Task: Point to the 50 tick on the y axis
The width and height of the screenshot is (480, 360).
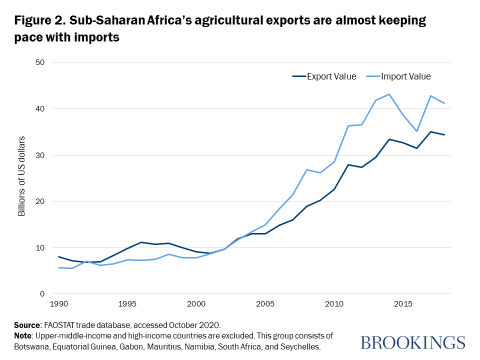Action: point(40,62)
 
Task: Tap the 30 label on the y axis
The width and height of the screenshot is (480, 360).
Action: point(40,155)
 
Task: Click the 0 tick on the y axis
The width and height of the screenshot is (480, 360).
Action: point(42,294)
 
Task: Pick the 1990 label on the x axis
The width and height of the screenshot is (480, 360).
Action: point(59,304)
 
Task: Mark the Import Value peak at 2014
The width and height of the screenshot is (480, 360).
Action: point(389,94)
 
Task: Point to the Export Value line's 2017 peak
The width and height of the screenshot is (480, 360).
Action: point(430,131)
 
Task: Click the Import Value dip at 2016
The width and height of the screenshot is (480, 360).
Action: point(416,131)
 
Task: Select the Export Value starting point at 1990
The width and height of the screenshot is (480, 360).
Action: point(59,256)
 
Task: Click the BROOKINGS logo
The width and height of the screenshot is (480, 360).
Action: point(412,342)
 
